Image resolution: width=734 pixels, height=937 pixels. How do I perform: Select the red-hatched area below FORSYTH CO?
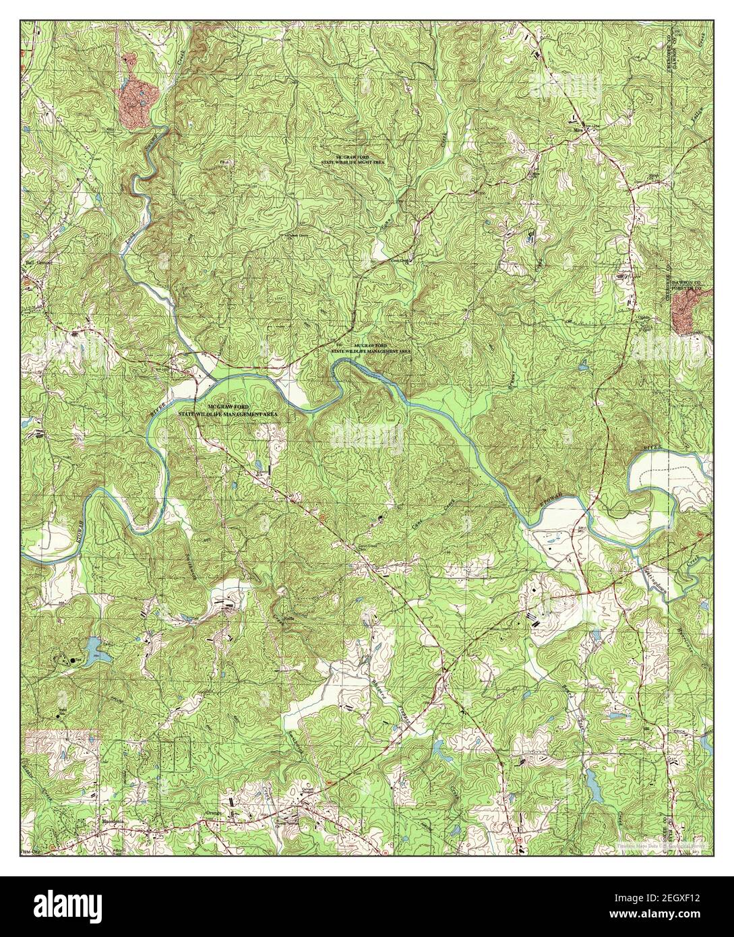[x=687, y=314]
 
